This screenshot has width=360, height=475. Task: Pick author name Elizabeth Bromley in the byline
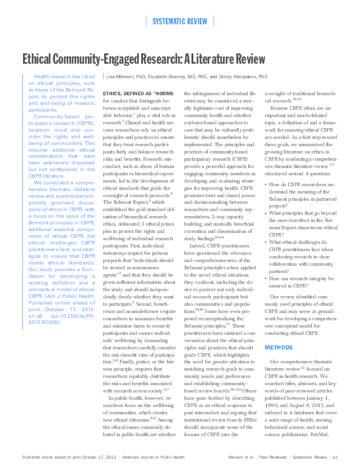179,78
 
